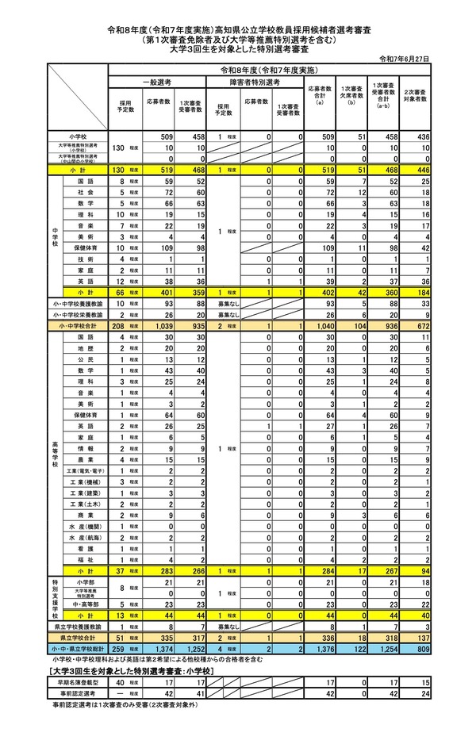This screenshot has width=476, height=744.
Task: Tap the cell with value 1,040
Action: [319, 325]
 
